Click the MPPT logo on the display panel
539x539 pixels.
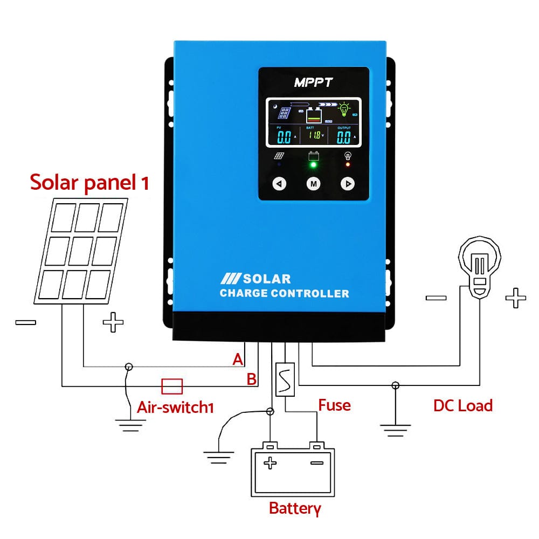pyautogui.click(x=313, y=82)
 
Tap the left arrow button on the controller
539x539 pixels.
pyautogui.click(x=279, y=184)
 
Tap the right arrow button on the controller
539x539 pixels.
pyautogui.click(x=348, y=184)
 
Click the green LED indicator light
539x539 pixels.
pyautogui.click(x=313, y=165)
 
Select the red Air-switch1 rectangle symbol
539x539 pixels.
pyautogui.click(x=172, y=386)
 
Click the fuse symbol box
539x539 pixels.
pyautogui.click(x=284, y=379)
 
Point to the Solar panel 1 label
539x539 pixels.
pyautogui.click(x=89, y=182)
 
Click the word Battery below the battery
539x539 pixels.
pyautogui.click(x=295, y=508)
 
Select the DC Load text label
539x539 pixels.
pyautogui.click(x=463, y=405)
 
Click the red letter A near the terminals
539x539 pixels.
pyautogui.click(x=238, y=360)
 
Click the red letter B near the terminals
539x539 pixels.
pyautogui.click(x=251, y=379)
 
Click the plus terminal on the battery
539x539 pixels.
pyautogui.click(x=270, y=462)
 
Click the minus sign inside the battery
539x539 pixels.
pyautogui.click(x=317, y=462)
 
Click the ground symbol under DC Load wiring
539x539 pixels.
pyautogui.click(x=395, y=426)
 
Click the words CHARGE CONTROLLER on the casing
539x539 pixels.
pyautogui.click(x=284, y=294)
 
